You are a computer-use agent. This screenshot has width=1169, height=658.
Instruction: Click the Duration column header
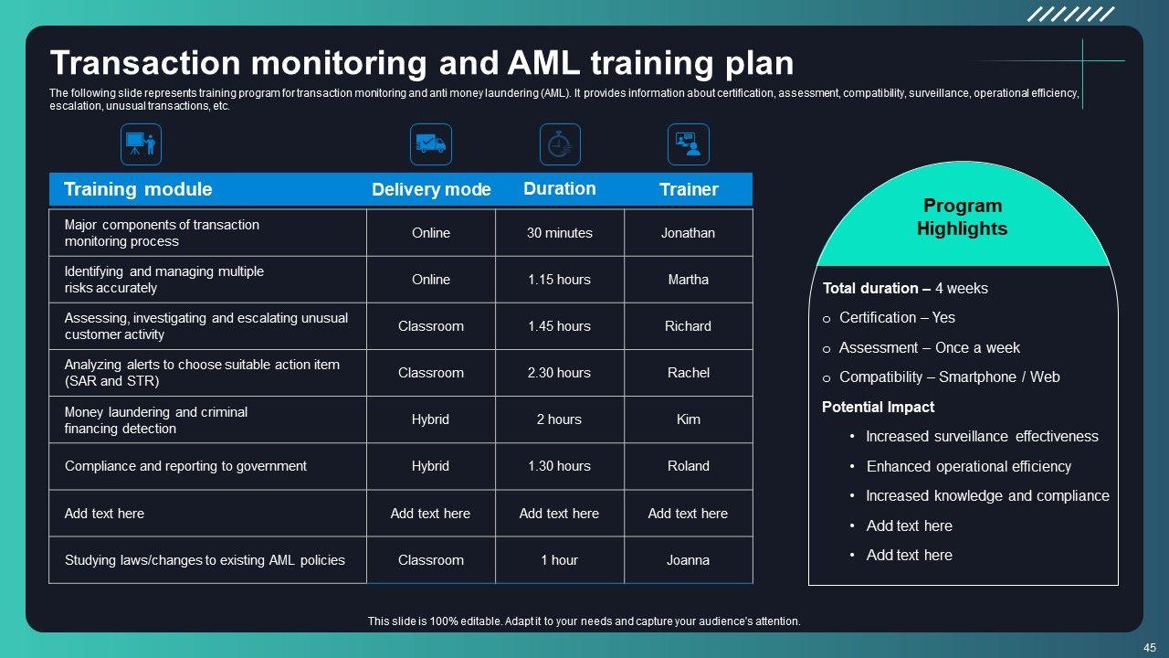point(559,189)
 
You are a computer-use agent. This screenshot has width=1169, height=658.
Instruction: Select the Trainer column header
point(689,190)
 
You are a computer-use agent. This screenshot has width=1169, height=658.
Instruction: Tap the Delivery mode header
point(431,190)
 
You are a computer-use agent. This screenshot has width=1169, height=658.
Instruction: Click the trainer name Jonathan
point(688,233)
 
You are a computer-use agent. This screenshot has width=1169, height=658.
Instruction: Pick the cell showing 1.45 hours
point(559,326)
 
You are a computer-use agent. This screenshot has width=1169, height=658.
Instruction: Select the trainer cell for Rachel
point(688,373)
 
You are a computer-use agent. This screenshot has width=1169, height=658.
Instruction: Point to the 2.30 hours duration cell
point(559,373)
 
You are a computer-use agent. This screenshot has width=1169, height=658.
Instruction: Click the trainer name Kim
point(688,419)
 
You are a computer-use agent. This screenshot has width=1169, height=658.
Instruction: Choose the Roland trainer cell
point(688,466)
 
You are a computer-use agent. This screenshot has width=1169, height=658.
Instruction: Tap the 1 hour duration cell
point(559,560)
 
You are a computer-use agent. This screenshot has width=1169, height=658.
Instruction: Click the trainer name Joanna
point(688,560)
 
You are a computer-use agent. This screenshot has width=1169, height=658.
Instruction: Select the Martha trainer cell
point(688,280)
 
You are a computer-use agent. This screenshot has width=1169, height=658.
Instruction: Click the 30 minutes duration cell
point(559,233)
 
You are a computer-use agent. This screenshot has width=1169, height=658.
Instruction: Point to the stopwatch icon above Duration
point(560,144)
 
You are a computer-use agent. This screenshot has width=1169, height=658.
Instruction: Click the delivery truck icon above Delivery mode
point(430,144)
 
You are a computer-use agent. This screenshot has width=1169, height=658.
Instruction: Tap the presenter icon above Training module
point(141,144)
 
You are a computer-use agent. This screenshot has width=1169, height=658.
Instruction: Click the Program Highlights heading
point(963,218)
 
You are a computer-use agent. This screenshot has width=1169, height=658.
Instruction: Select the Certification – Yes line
point(897,318)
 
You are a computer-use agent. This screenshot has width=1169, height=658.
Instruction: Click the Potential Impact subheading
point(878,408)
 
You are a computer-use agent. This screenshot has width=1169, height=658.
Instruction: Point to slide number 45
point(1149,647)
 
